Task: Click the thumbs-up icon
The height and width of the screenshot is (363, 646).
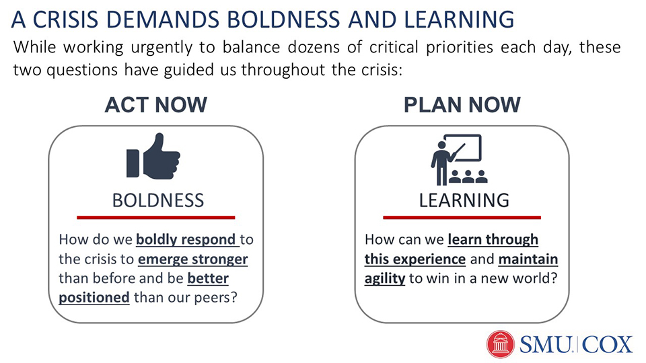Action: click(153, 156)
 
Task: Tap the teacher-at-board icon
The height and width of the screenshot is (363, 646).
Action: click(458, 160)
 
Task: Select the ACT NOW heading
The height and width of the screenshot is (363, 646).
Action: click(155, 105)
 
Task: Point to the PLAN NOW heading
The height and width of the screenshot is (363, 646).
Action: click(462, 105)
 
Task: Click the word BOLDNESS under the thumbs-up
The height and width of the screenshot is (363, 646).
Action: click(158, 200)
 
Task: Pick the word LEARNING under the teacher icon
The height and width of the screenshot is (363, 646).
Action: click(464, 200)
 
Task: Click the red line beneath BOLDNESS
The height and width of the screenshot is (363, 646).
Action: click(155, 217)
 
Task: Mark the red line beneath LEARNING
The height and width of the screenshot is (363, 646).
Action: click(462, 217)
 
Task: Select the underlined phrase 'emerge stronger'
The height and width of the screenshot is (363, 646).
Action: click(193, 259)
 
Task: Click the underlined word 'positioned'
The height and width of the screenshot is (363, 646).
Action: click(94, 297)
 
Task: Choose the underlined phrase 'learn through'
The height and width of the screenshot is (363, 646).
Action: click(493, 239)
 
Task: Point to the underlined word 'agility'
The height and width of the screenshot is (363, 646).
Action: click(385, 278)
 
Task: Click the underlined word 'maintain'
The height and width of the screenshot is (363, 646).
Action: click(528, 259)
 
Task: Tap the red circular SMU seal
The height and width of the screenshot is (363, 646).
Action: click(501, 344)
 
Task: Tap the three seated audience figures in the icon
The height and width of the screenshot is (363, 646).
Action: click(468, 177)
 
